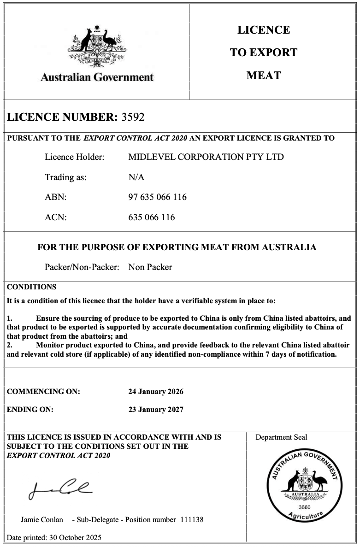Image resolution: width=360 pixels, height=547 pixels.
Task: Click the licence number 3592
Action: [133, 117]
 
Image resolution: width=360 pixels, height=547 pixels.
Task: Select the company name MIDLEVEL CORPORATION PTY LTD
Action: [206, 157]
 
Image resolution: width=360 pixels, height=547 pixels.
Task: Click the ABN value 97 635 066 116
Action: [157, 197]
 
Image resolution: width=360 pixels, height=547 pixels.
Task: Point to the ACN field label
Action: [55, 218]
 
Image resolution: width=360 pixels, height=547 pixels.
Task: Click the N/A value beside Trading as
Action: [136, 177]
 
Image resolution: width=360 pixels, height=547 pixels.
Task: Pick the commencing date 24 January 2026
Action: [155, 392]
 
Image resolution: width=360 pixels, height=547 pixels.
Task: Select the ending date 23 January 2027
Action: [155, 409]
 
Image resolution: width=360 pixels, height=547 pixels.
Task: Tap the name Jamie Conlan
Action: [42, 519]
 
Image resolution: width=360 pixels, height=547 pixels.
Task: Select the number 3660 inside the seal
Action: [304, 507]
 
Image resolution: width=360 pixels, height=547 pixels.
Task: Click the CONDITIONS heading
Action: [31, 287]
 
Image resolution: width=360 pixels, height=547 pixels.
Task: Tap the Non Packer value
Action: [150, 267]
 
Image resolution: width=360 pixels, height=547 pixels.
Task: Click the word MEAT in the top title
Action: [264, 76]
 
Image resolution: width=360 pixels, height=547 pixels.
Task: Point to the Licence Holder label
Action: [74, 157]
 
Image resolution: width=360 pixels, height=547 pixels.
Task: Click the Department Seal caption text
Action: [281, 437]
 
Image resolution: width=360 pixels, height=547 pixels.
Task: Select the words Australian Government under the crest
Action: [97, 77]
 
